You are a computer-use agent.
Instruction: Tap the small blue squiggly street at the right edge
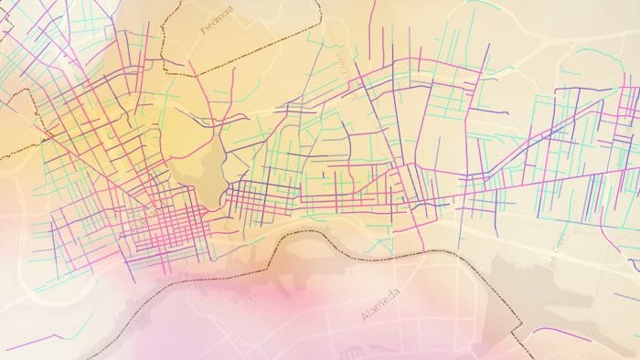634,264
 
